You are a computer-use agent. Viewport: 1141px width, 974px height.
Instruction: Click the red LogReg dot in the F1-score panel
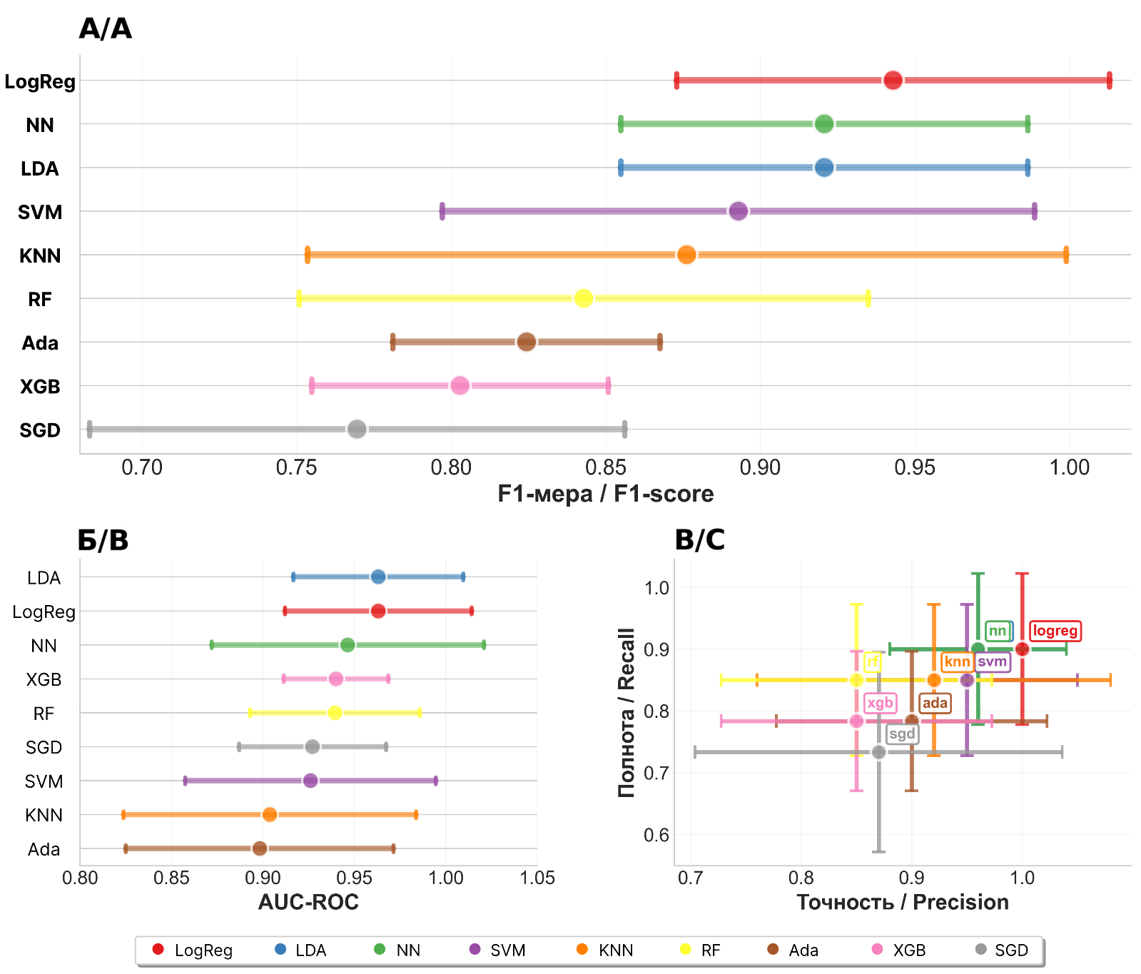(x=892, y=81)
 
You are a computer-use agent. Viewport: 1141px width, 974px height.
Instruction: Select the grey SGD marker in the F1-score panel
(x=357, y=430)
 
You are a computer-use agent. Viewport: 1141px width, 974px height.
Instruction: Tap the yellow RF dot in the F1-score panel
(x=583, y=298)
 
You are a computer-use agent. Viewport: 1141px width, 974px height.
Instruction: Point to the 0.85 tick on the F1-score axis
(x=605, y=468)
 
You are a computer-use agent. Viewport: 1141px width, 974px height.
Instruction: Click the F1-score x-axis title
(x=605, y=494)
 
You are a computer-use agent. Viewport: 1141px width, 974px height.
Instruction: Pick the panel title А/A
(x=105, y=29)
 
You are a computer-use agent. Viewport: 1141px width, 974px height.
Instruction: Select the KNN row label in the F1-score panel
(x=40, y=256)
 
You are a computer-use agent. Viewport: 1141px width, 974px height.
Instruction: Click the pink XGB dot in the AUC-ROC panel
(x=336, y=679)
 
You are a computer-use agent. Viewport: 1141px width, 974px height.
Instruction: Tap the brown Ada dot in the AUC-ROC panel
(x=260, y=848)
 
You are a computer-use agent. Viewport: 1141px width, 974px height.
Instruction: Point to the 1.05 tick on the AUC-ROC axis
(x=537, y=878)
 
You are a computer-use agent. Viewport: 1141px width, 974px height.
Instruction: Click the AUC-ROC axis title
(x=308, y=903)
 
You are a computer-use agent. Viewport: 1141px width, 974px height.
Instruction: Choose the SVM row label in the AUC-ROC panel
(x=44, y=782)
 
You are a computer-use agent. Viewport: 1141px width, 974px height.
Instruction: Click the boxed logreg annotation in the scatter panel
(x=1055, y=631)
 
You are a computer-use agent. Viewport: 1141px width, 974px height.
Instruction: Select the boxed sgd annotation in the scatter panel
(x=902, y=734)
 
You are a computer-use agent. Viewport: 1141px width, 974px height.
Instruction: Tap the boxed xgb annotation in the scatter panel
(x=880, y=703)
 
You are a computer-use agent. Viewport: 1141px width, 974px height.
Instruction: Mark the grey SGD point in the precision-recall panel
(x=879, y=752)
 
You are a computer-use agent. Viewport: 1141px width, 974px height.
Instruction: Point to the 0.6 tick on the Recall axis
(x=656, y=835)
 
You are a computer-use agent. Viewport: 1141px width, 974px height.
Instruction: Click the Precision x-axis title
(x=902, y=903)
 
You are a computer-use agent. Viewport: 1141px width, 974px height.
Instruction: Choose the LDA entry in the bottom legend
(x=300, y=950)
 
